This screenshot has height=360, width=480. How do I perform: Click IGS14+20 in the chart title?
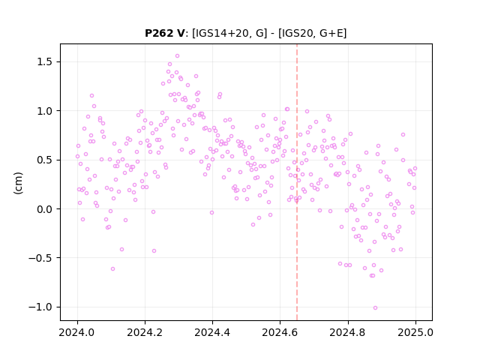pos(220,33)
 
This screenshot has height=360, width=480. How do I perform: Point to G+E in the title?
pos(331,33)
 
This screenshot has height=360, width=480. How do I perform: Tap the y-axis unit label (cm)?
pos(18,183)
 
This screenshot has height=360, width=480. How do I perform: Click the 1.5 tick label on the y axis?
pos(45,61)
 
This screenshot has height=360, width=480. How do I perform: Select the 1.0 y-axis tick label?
pos(45,111)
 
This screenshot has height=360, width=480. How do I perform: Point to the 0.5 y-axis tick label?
pos(45,160)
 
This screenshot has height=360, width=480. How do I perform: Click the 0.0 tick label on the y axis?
pos(45,209)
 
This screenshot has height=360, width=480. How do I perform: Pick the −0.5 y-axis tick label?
pos(41,258)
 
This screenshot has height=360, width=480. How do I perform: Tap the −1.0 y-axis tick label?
pos(41,307)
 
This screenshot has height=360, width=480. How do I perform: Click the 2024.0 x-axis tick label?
pos(77,332)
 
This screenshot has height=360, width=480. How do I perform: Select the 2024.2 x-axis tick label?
pos(145,332)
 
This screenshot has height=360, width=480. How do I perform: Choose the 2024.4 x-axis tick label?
pos(212,332)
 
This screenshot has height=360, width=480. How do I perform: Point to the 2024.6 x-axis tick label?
pos(280,332)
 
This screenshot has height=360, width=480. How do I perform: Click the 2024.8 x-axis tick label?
pos(348,332)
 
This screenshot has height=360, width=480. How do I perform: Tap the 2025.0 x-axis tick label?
pos(415,332)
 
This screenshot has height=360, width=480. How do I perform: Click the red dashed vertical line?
pos(297,182)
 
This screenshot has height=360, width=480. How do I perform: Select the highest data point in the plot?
pos(177,56)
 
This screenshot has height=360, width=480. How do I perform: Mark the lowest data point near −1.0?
pos(375,308)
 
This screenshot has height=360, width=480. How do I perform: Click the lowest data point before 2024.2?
pos(112,268)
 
